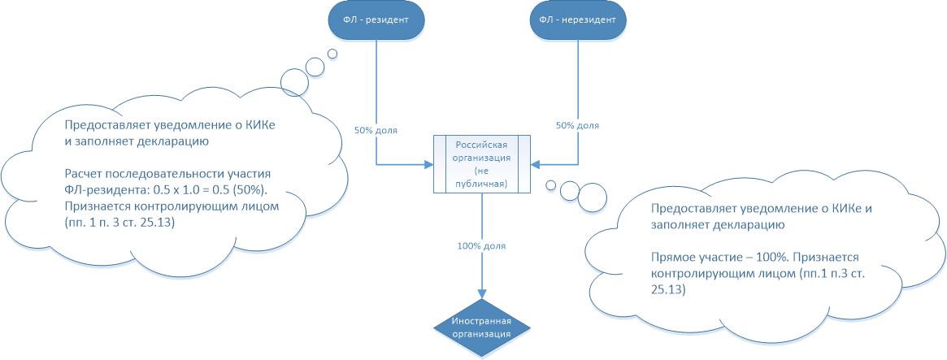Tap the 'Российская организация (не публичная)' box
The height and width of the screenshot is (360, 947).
[x=481, y=163]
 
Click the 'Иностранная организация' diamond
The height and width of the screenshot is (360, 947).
[x=481, y=327]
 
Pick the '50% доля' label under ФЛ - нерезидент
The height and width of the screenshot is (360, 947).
[x=577, y=126]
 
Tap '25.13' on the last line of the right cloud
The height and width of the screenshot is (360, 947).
[x=668, y=289]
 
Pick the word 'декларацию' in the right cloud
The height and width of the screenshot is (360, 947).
[x=711, y=224]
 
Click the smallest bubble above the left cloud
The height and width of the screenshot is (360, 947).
[x=332, y=54]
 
